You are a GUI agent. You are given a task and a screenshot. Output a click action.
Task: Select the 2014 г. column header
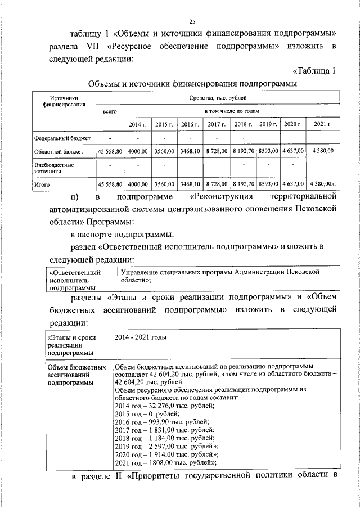click(x=138, y=124)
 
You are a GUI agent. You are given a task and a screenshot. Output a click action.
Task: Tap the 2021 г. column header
click(x=322, y=124)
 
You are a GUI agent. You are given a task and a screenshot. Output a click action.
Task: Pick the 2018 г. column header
click(x=243, y=124)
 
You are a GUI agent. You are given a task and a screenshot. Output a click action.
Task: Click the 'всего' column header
click(x=110, y=112)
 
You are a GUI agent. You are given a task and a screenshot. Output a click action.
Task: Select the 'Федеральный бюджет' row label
click(x=62, y=137)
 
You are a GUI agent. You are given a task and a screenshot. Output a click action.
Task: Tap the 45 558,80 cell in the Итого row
click(x=110, y=184)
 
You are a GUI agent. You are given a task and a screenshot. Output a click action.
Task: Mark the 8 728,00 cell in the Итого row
click(x=214, y=184)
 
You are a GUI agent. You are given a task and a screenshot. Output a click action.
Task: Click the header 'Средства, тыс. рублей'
click(x=217, y=98)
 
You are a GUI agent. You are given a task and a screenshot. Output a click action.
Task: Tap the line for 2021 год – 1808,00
click(x=166, y=462)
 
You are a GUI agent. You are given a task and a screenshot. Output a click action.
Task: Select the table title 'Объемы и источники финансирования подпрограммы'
click(x=192, y=83)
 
